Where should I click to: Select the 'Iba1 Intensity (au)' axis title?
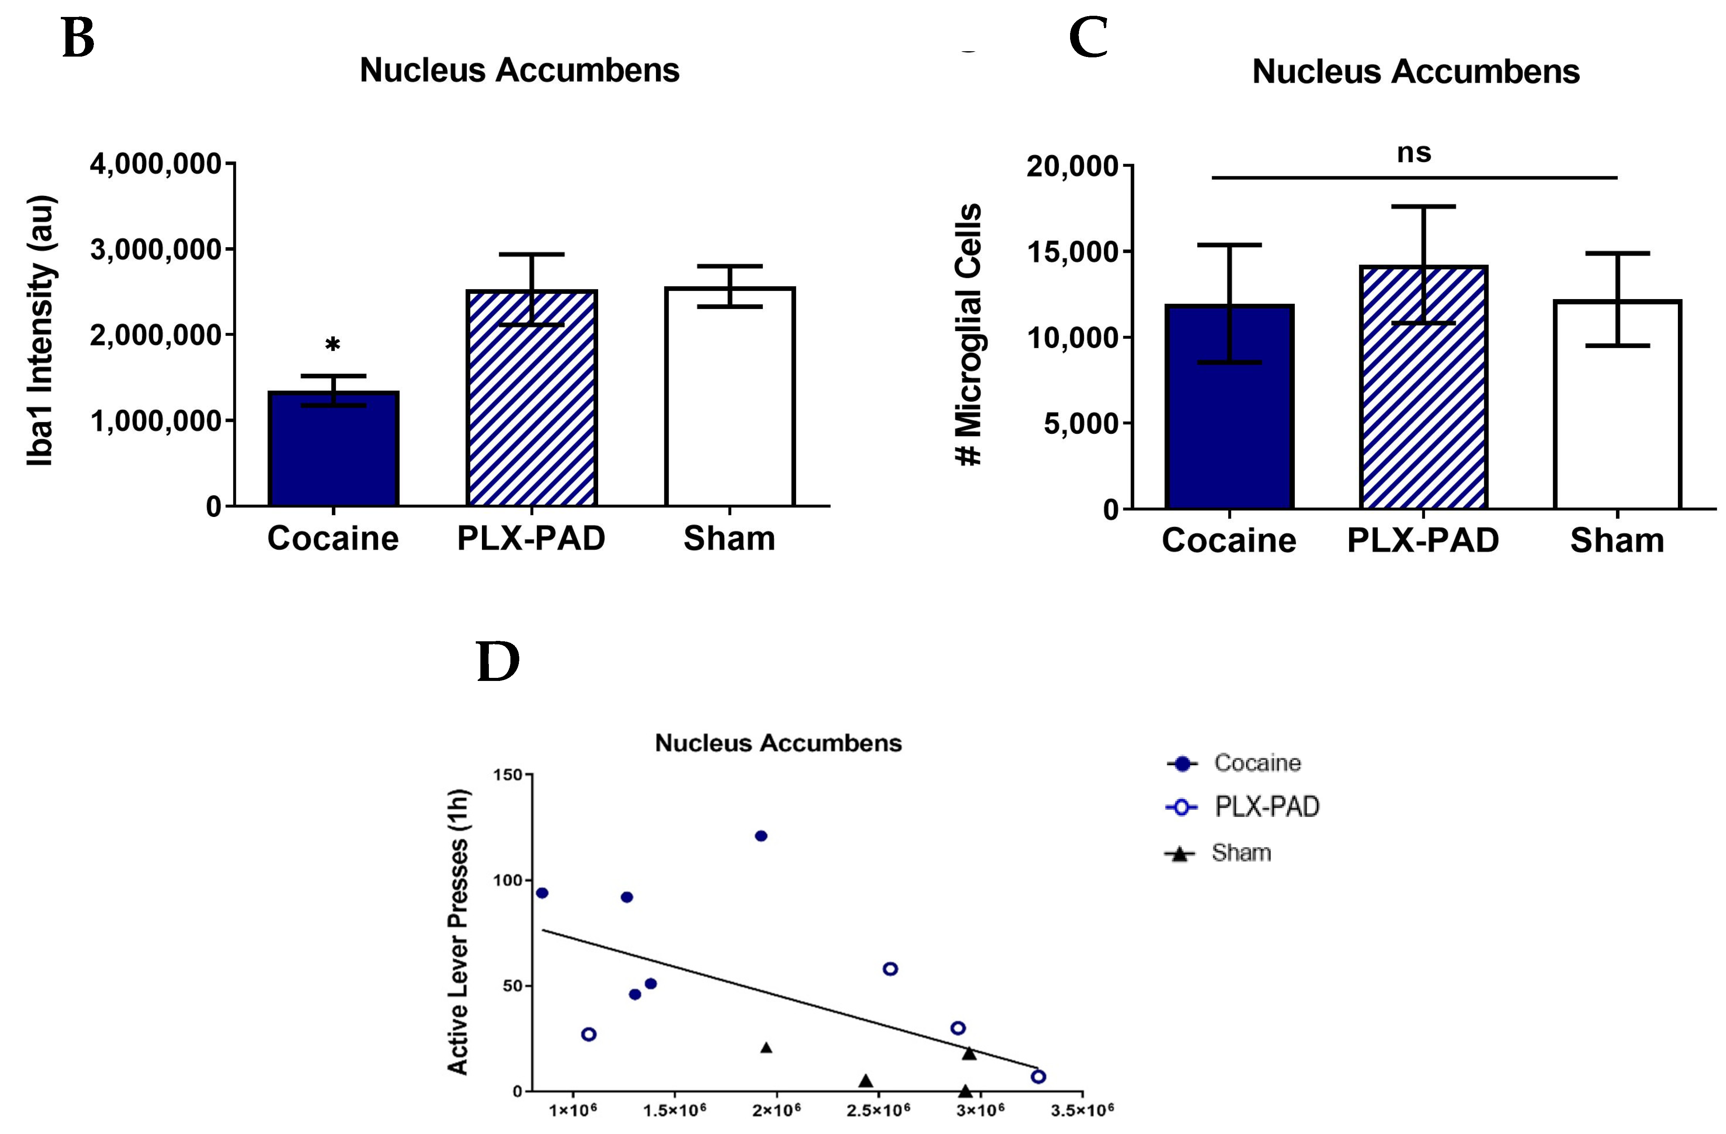click(41, 330)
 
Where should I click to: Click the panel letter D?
click(498, 661)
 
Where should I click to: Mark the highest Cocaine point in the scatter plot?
click(761, 836)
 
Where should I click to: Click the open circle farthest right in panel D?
click(1039, 1077)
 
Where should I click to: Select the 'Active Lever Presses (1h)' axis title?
click(458, 931)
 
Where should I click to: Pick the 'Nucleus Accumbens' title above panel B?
click(519, 70)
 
